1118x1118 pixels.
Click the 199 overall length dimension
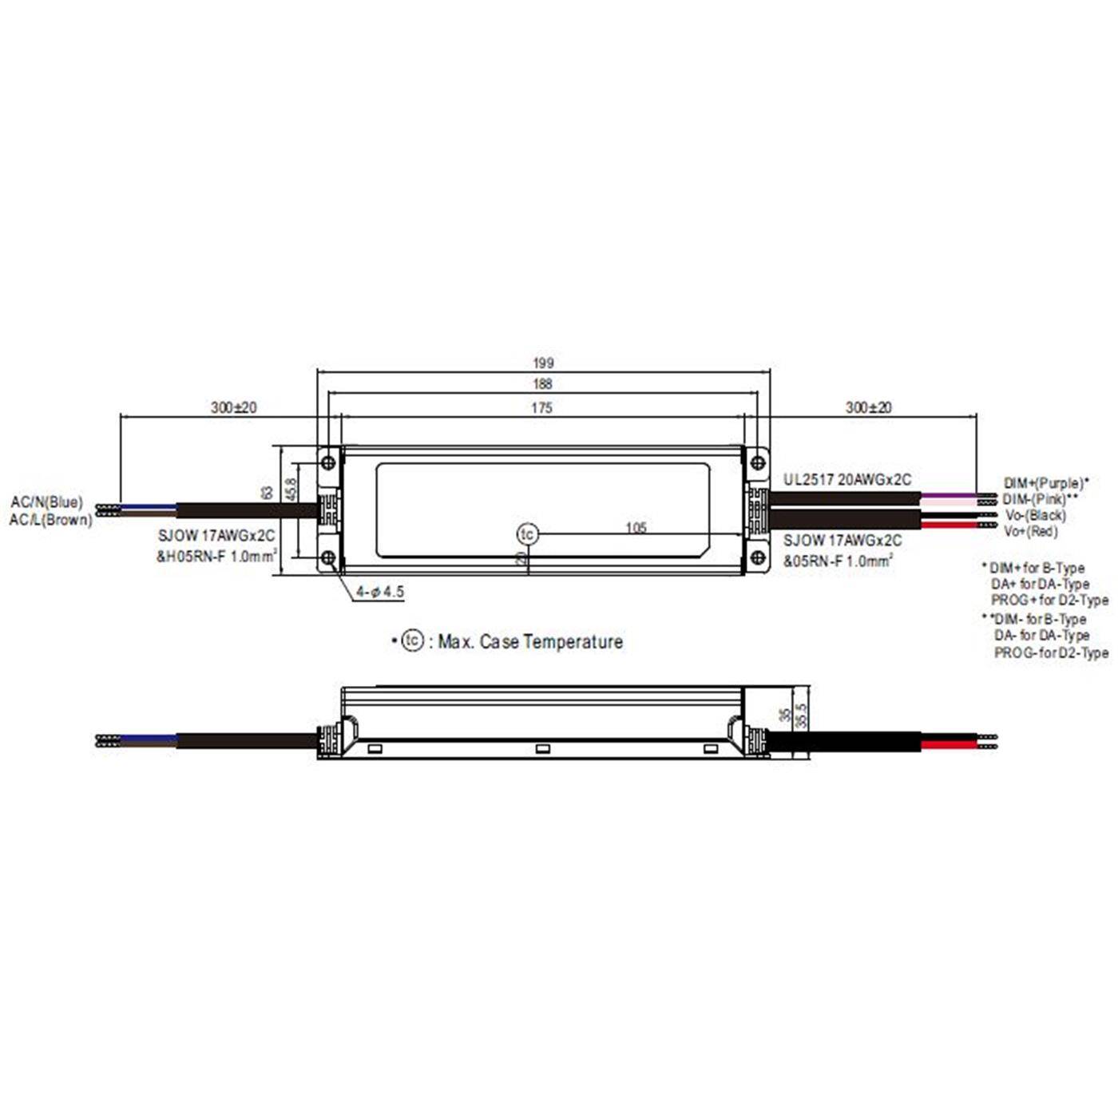(x=543, y=363)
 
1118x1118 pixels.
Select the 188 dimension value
(x=543, y=384)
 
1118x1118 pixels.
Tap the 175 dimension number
(x=541, y=408)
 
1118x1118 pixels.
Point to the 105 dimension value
(x=636, y=528)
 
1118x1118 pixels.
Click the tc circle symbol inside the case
(x=527, y=534)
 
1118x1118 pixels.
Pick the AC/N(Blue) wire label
(x=46, y=502)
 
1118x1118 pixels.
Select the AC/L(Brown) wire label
(x=51, y=520)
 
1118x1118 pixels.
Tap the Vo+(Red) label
(x=1030, y=531)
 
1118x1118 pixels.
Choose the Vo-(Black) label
(x=1035, y=515)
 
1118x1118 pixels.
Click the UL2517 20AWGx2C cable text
(x=846, y=480)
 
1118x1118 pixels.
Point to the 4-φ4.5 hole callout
(x=380, y=592)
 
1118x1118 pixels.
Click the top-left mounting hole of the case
(x=327, y=462)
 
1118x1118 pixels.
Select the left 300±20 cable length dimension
(x=234, y=407)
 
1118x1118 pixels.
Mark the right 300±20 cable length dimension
(x=869, y=407)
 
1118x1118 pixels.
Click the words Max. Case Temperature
(x=530, y=642)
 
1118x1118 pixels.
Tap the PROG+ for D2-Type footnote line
(x=1049, y=600)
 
